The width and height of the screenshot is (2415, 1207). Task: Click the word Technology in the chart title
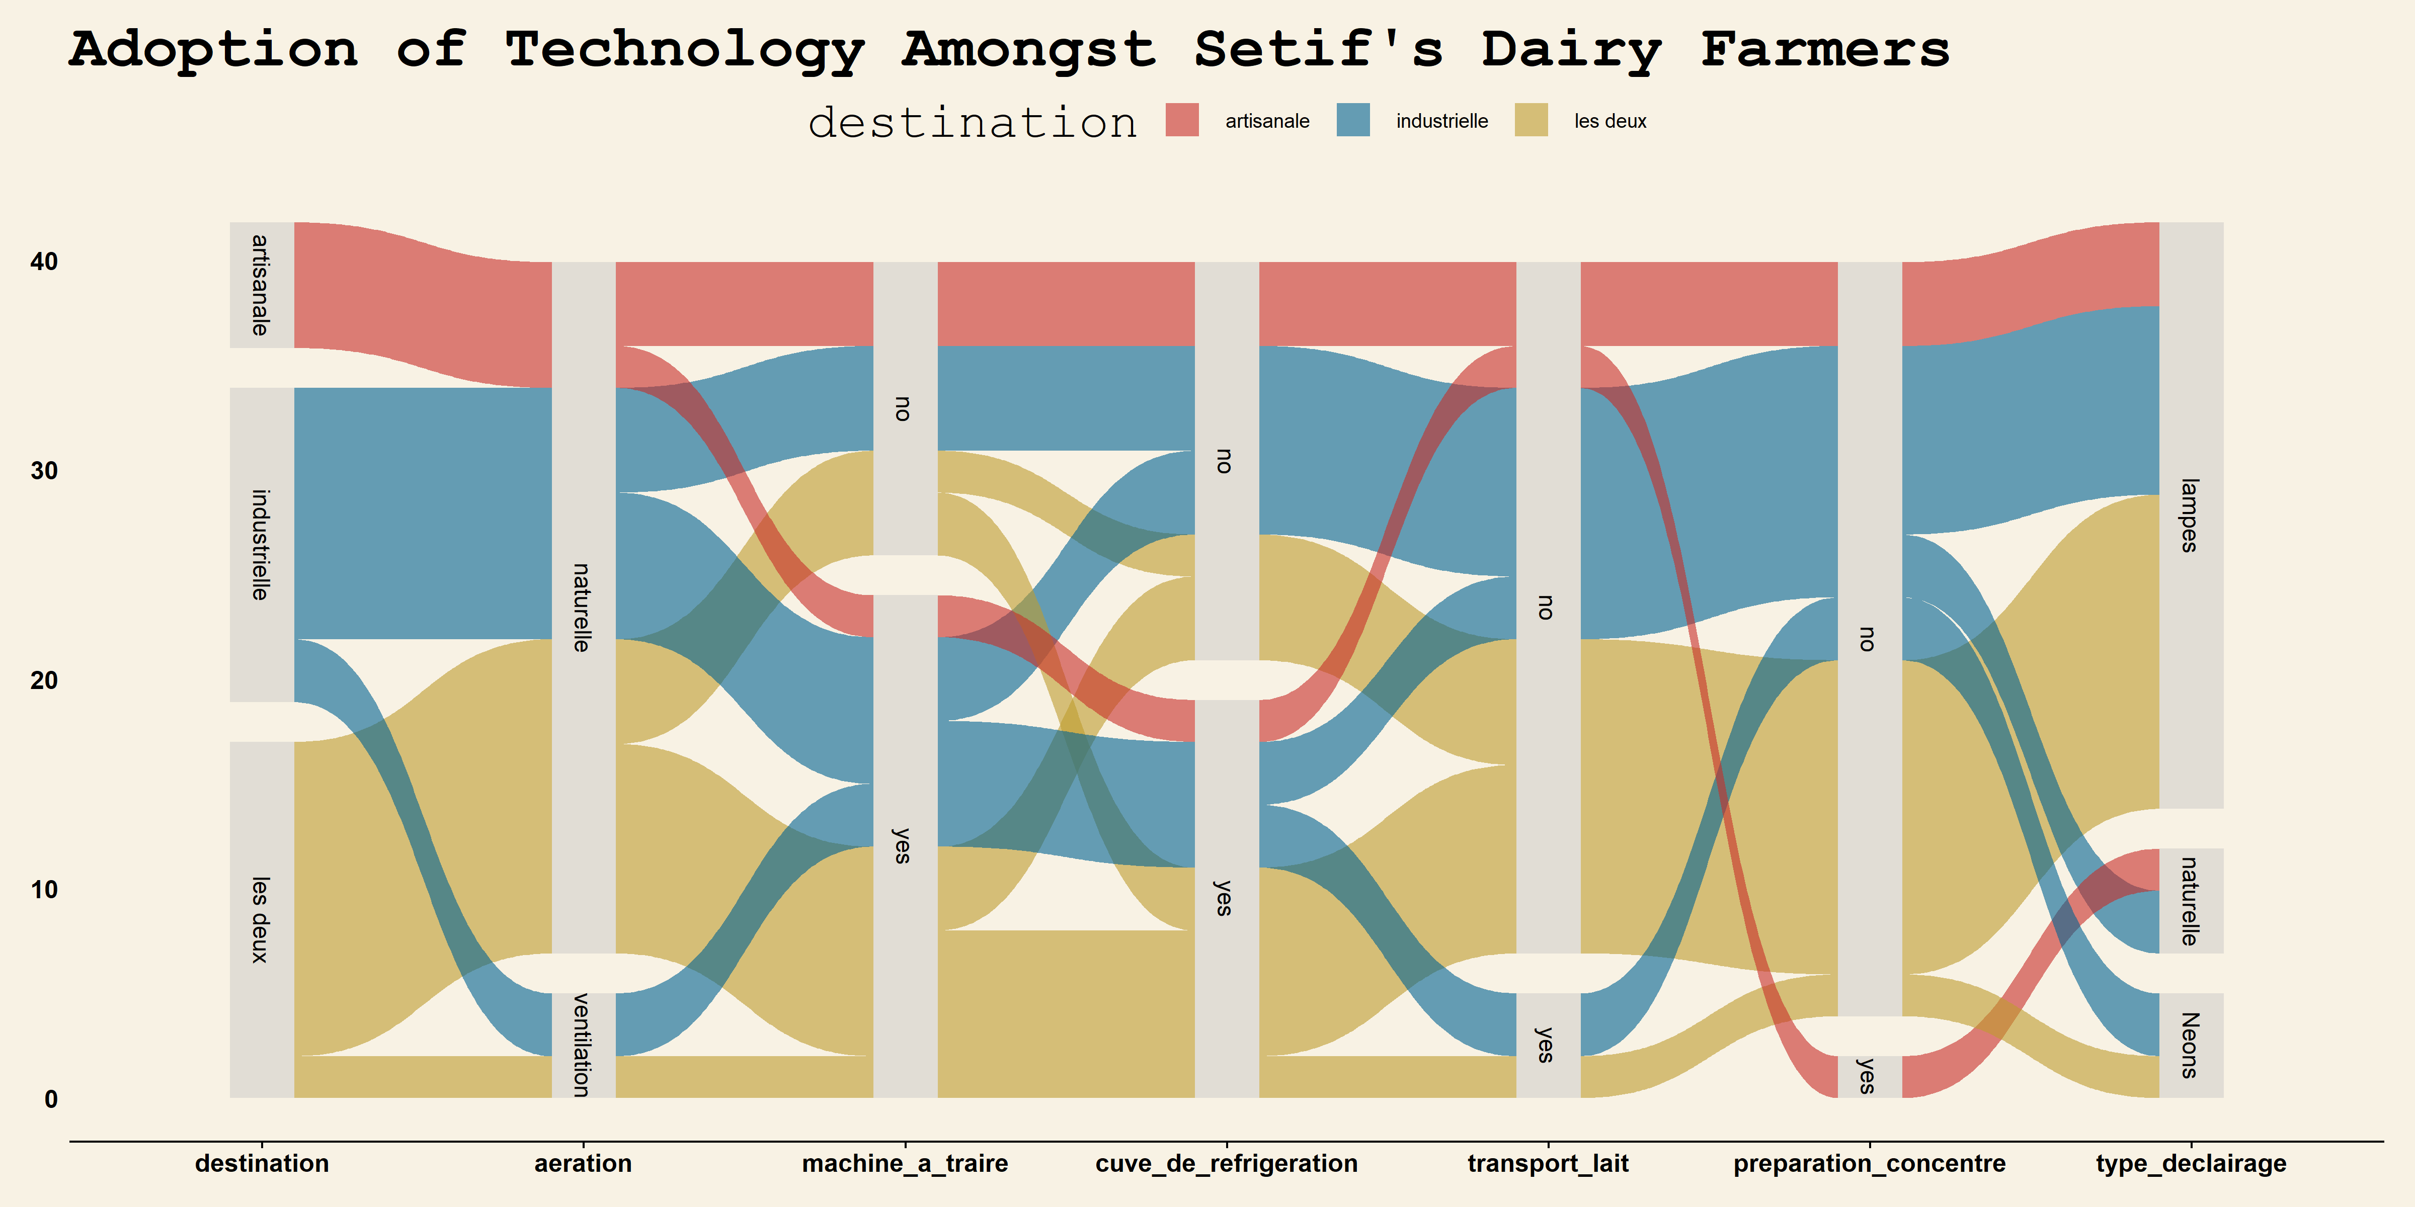click(x=684, y=51)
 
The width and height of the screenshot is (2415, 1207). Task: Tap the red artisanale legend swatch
click(x=1182, y=120)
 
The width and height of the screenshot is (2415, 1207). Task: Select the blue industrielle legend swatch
click(x=1353, y=120)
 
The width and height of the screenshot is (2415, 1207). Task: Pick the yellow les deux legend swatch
click(x=1531, y=120)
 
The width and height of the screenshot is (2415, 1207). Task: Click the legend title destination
click(x=972, y=123)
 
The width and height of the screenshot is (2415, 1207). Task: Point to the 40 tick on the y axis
click(x=44, y=262)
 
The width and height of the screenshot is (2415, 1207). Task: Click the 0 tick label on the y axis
click(x=51, y=1098)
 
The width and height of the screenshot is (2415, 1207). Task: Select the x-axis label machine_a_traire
click(x=905, y=1164)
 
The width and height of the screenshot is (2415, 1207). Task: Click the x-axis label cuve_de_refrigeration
click(x=1226, y=1164)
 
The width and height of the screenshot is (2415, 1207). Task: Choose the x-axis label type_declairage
click(x=2191, y=1164)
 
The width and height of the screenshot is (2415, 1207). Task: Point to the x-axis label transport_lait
click(x=1548, y=1164)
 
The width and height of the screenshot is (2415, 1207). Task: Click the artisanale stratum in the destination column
click(x=262, y=285)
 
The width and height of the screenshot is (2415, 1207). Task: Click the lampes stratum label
click(x=2191, y=515)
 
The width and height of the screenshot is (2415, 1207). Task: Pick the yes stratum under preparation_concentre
click(x=1870, y=1077)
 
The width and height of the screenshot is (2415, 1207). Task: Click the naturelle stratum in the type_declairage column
click(x=2191, y=901)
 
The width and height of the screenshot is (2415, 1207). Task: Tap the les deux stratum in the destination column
click(x=262, y=919)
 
